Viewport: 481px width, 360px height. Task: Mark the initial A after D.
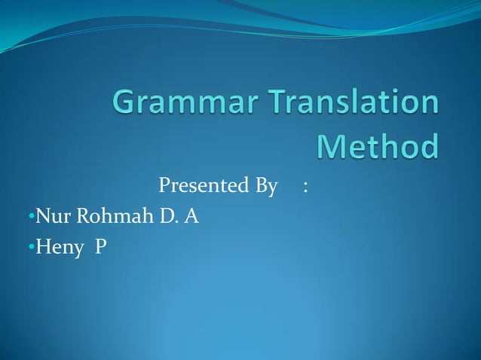[191, 218]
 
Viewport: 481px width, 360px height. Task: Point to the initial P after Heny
[100, 248]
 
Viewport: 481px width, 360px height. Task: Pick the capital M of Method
[332, 146]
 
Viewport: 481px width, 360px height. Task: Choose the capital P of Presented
[164, 185]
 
